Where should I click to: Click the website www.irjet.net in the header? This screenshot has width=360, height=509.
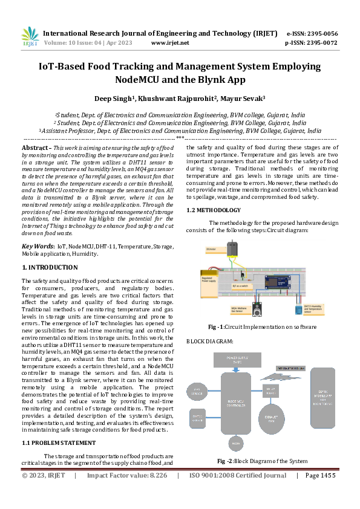click(170, 43)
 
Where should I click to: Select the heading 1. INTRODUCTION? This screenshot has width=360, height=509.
click(50, 267)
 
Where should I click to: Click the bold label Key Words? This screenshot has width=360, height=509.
click(38, 247)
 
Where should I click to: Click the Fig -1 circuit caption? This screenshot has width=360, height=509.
click(262, 327)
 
